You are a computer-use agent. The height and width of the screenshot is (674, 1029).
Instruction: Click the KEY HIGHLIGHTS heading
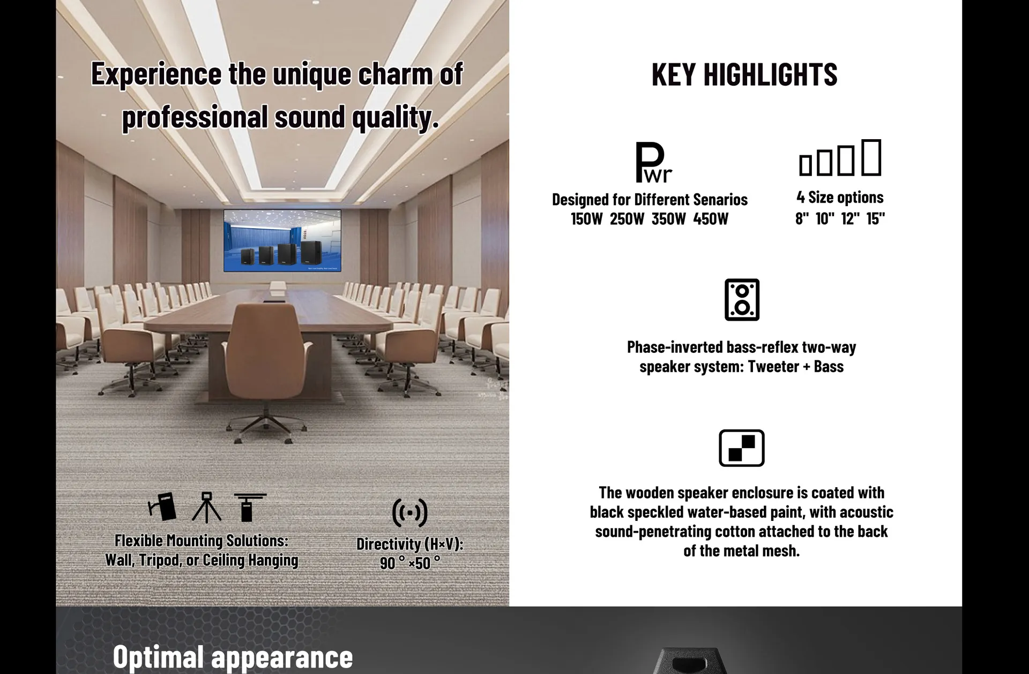pos(744,74)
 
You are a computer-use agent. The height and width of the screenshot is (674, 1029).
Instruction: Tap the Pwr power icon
pos(652,162)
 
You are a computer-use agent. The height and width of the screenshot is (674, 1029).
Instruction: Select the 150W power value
pos(586,219)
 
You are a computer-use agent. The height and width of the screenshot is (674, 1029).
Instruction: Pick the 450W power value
pos(711,219)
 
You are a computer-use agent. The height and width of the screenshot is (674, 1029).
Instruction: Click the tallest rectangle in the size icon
pos(871,157)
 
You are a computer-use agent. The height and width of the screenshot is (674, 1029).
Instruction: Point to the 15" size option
pos(875,218)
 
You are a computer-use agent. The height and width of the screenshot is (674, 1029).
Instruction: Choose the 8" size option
pos(802,218)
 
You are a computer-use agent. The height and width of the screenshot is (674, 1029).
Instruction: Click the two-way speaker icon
pos(742,300)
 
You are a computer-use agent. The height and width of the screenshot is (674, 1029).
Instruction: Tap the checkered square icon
pos(741,448)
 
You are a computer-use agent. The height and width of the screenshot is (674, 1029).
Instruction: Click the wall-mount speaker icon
pos(163,506)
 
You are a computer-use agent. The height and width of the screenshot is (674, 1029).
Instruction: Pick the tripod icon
pos(206,507)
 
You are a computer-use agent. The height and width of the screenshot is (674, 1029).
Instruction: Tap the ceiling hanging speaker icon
pos(249,507)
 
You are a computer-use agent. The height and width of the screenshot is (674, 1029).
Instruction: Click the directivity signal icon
pos(409,513)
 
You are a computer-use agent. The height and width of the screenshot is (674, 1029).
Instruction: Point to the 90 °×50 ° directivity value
pos(410,563)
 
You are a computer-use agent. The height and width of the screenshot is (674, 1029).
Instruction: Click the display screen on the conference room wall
pos(282,240)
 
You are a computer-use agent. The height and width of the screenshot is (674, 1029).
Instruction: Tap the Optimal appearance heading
pos(233,656)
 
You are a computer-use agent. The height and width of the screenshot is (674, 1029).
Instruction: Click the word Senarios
pos(720,200)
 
